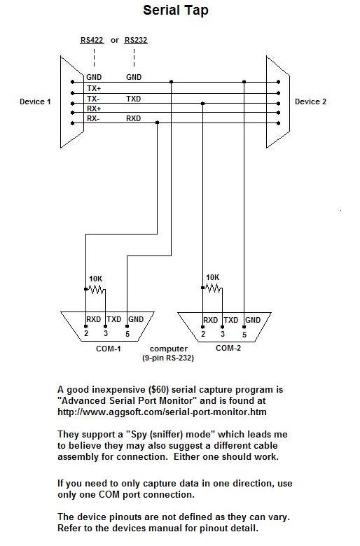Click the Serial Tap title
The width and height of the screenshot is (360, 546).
coord(176,10)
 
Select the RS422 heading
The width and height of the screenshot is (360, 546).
coord(92,40)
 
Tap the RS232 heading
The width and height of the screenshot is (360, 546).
coord(136,40)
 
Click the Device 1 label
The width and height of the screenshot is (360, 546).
coord(35,101)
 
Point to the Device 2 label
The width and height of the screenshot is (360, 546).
coord(310,101)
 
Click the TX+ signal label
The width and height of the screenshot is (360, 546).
coord(94,88)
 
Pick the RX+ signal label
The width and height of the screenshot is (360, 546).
coord(94,108)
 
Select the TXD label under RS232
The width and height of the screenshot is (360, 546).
coord(134,99)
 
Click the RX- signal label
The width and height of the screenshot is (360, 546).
coord(93,119)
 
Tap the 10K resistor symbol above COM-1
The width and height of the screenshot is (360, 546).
coord(95,289)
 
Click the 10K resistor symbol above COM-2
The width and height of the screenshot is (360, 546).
coord(213,288)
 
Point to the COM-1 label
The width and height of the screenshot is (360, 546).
coord(109,349)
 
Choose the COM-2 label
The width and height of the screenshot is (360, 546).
coord(228,348)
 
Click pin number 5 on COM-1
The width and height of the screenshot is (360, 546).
coord(127,334)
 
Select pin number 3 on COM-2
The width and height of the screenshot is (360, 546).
coord(223,335)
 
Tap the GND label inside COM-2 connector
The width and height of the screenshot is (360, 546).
coord(253,320)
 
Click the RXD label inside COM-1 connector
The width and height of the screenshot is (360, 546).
coord(94,319)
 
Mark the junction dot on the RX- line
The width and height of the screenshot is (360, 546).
coord(157,122)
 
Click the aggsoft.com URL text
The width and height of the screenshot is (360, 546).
coord(162,412)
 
